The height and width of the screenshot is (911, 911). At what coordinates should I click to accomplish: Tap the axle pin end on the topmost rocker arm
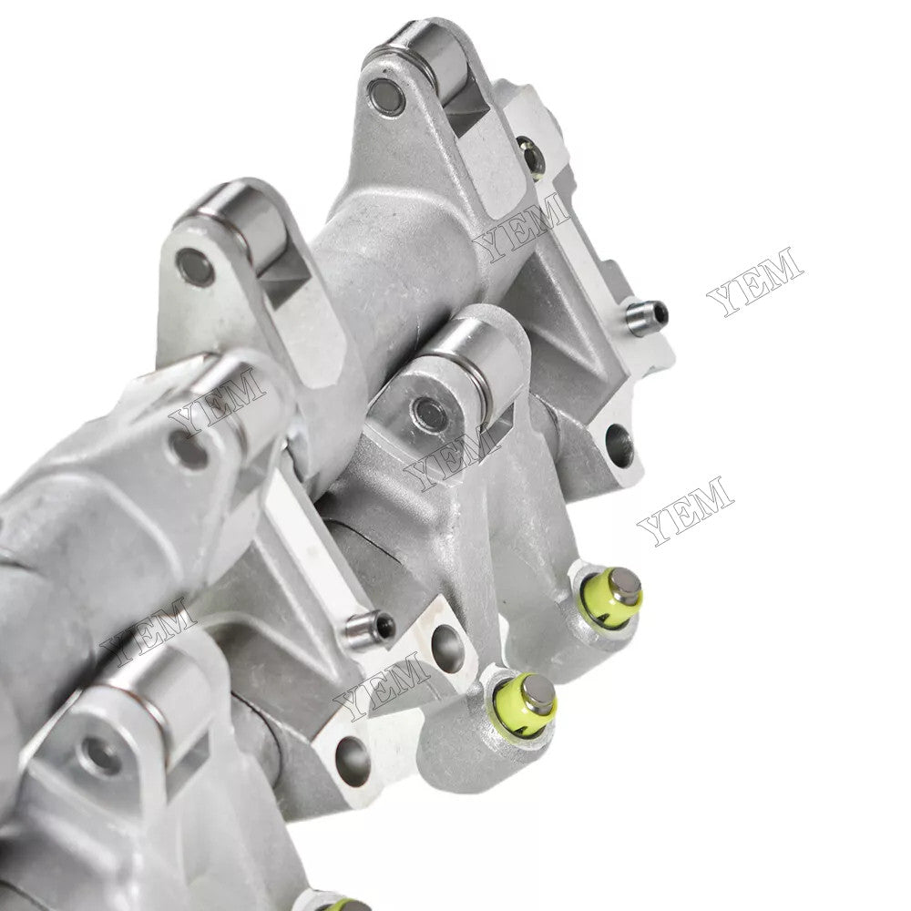coord(385,97)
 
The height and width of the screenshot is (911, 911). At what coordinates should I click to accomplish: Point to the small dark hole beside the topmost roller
coord(529,155)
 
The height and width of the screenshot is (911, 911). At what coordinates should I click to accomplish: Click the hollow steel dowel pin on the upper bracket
coord(647,316)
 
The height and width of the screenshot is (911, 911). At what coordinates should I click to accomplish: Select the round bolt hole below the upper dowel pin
coord(619,445)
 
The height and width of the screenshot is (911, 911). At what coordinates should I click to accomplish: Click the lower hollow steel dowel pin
coord(371,627)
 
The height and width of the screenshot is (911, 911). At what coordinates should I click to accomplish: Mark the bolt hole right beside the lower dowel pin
coord(445,649)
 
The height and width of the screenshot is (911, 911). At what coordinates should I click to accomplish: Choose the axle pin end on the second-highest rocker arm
coord(194,266)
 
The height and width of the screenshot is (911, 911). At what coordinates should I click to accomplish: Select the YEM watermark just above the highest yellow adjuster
coord(685,510)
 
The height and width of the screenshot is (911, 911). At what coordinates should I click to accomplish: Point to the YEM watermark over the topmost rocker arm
coord(521,227)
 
